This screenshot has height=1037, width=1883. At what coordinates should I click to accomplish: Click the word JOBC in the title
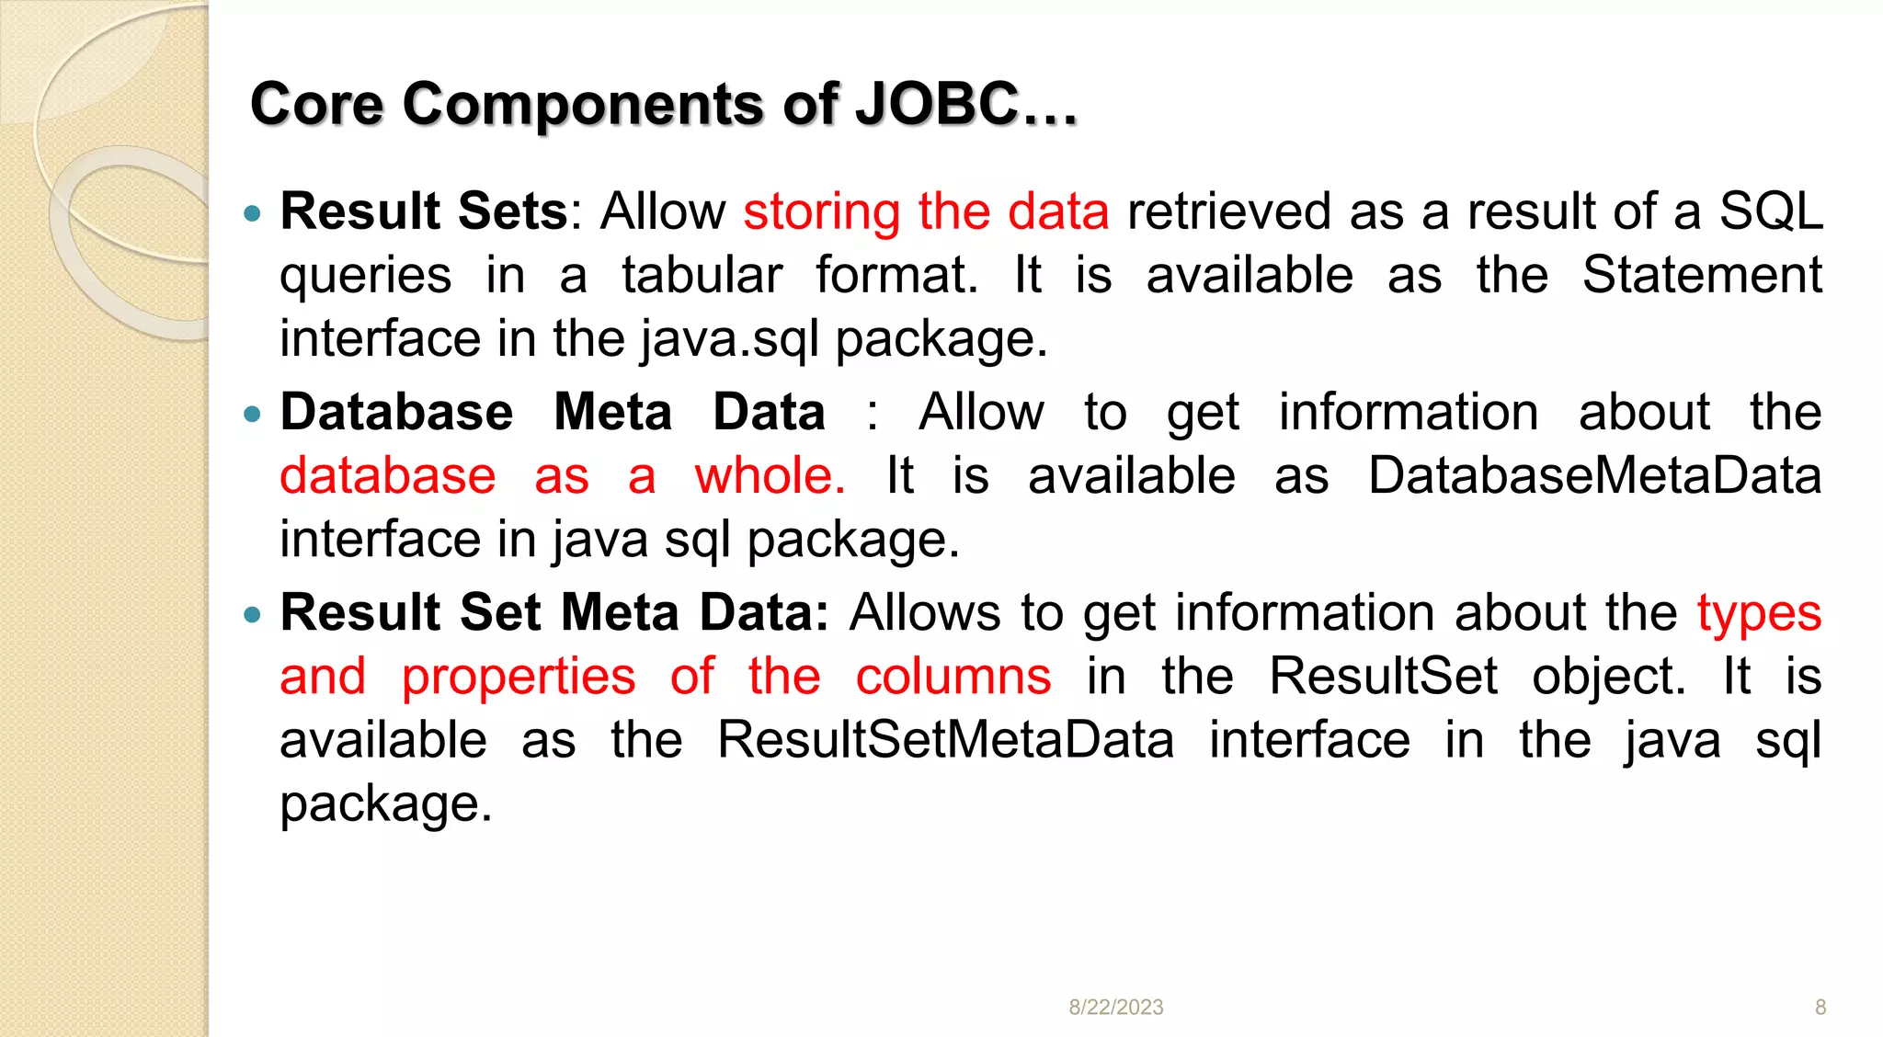point(936,104)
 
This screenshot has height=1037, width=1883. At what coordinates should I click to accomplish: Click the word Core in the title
point(316,104)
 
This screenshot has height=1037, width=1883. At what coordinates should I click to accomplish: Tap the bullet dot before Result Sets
point(253,215)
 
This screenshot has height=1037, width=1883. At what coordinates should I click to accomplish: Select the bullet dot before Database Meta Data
point(253,416)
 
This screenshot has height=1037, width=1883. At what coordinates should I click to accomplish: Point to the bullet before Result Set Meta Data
point(253,615)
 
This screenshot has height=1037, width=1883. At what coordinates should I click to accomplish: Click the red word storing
point(821,212)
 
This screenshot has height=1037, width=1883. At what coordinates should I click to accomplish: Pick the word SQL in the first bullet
point(1771,211)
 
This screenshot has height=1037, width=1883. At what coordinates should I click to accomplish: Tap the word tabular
point(702,275)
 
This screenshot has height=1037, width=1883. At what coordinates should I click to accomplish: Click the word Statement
point(1702,275)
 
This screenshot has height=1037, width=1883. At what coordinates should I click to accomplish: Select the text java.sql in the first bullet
point(729,339)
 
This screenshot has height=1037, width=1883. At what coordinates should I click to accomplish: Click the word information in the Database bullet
point(1408,412)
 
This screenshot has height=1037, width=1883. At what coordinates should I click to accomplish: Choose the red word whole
point(769,476)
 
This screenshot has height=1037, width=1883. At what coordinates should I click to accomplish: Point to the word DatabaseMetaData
point(1594,476)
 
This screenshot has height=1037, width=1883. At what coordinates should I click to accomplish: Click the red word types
point(1759,614)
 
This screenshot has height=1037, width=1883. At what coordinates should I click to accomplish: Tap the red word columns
point(953,677)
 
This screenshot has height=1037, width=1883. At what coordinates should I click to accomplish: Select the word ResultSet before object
point(1383,677)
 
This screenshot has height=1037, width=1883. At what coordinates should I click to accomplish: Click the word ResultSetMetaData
point(945,740)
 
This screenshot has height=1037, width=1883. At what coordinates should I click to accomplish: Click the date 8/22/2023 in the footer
point(1115,1008)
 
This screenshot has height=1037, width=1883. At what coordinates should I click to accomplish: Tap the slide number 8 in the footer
point(1820,1008)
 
